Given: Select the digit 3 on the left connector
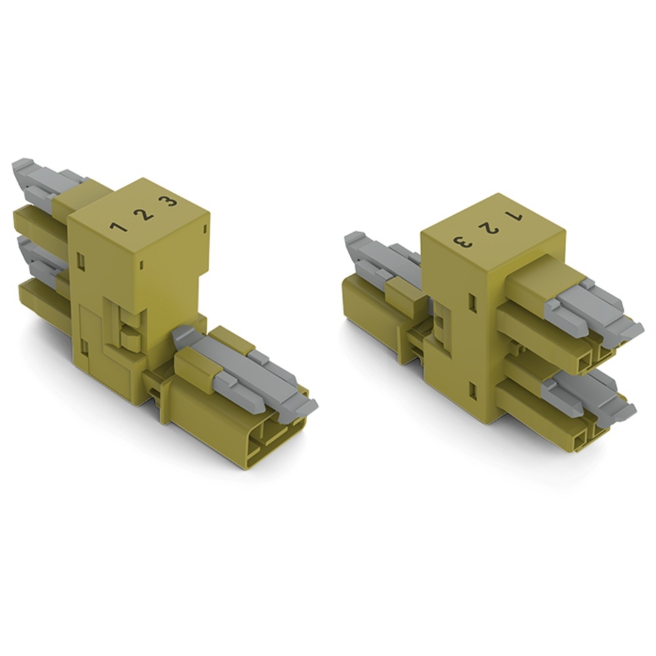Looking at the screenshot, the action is (168, 202).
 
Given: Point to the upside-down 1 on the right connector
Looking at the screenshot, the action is (514, 217).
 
